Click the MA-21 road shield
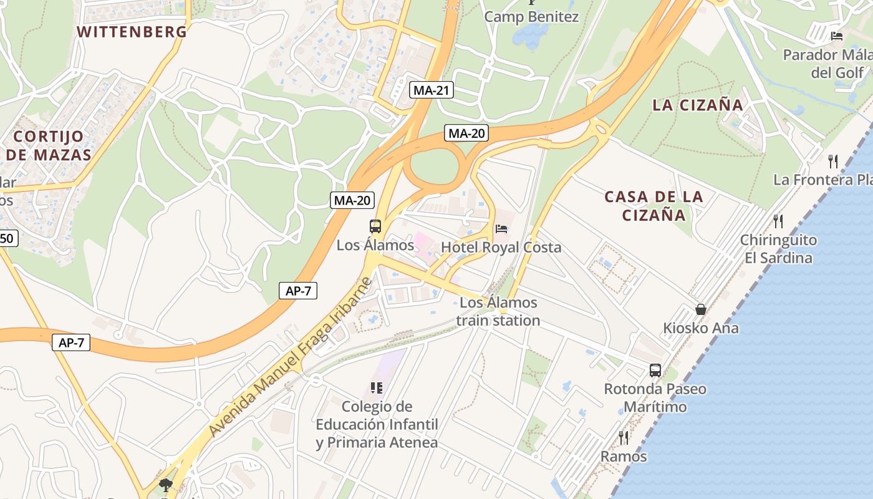pyautogui.click(x=432, y=90)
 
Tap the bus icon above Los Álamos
pyautogui.click(x=375, y=226)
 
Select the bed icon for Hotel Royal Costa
pyautogui.click(x=501, y=229)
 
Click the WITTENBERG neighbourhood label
pyautogui.click(x=132, y=32)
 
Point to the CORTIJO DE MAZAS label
pyautogui.click(x=49, y=145)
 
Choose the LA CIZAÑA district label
pyautogui.click(x=698, y=105)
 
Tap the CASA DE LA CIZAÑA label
pyautogui.click(x=654, y=206)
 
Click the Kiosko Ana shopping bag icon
pyautogui.click(x=701, y=309)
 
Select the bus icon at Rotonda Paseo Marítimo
pyautogui.click(x=655, y=370)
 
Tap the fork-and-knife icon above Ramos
pyautogui.click(x=623, y=437)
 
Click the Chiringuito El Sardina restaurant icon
pyautogui.click(x=778, y=221)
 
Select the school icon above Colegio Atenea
pyautogui.click(x=376, y=388)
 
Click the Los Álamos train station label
pyautogui.click(x=498, y=312)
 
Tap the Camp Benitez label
pyautogui.click(x=531, y=17)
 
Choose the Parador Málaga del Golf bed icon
pyautogui.click(x=837, y=36)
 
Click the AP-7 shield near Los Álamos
pyautogui.click(x=298, y=291)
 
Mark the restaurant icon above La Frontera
pyautogui.click(x=833, y=162)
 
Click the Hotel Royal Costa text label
pyautogui.click(x=501, y=248)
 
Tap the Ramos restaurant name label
pyautogui.click(x=624, y=457)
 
